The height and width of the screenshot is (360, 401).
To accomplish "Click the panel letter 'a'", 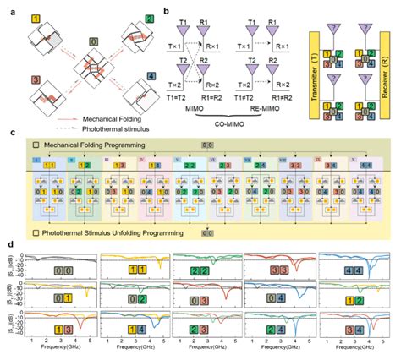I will pos(8,7).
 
